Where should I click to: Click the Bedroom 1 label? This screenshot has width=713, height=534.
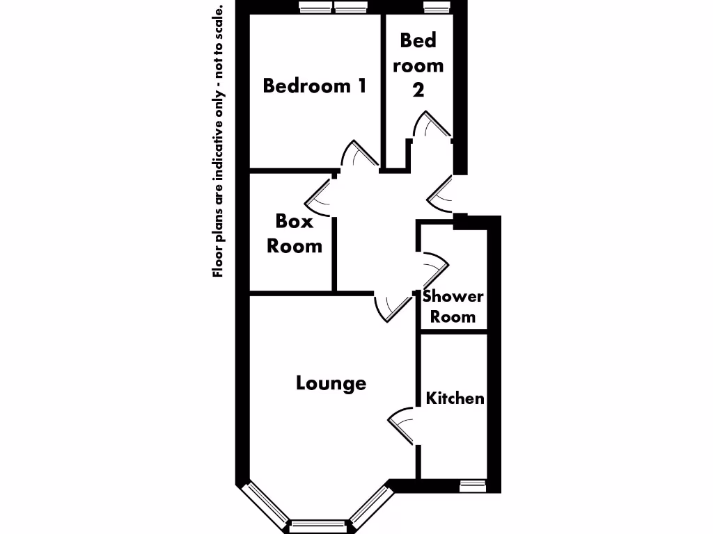coord(315,86)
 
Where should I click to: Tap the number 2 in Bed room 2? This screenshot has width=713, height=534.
coord(418,90)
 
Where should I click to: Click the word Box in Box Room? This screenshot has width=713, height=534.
coord(295,221)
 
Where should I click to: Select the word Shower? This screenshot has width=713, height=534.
coord(453,296)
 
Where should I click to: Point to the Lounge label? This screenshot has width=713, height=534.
coord(331,383)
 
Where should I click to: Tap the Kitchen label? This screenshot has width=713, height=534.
coord(455,398)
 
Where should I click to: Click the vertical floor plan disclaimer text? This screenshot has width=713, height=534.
coord(219,142)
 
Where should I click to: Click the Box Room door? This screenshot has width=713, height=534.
coord(319,195)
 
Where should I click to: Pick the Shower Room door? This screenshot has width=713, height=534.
coord(434,267)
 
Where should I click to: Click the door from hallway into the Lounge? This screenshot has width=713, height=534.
coord(391,306)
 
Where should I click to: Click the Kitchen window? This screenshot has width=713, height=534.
coord(473,486)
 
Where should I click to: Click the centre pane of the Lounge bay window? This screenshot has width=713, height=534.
coord(318,526)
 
